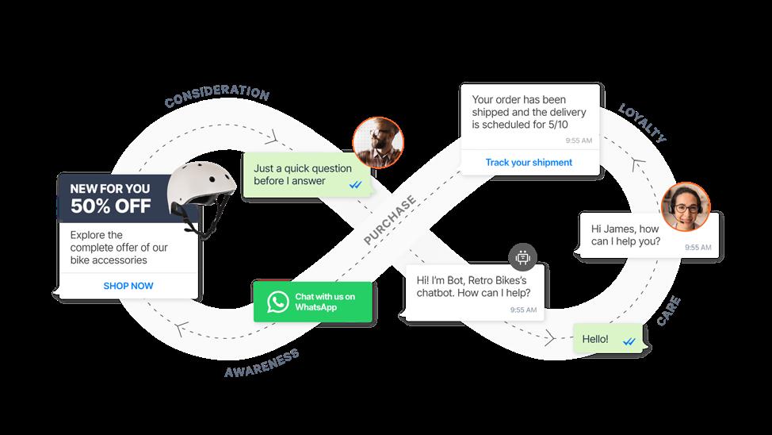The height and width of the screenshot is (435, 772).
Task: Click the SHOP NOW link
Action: [x=128, y=286]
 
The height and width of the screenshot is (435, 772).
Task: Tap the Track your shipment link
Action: [x=529, y=163]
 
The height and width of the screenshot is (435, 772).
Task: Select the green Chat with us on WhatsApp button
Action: [x=314, y=302]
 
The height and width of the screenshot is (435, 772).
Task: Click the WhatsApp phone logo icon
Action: [x=277, y=302]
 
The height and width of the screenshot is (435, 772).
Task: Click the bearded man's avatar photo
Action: [x=377, y=143]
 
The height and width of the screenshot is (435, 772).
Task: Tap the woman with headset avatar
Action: [x=686, y=206]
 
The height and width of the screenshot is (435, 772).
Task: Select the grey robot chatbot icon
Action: [x=522, y=256]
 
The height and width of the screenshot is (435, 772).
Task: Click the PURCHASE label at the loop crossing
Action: [x=390, y=220]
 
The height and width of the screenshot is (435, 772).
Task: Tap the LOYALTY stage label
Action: [x=642, y=122]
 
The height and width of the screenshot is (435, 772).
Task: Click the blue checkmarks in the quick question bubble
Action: [x=357, y=183]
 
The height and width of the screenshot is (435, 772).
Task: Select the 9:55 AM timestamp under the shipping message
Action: [x=579, y=141]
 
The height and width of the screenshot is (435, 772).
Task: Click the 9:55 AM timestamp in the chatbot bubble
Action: [x=523, y=310]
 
